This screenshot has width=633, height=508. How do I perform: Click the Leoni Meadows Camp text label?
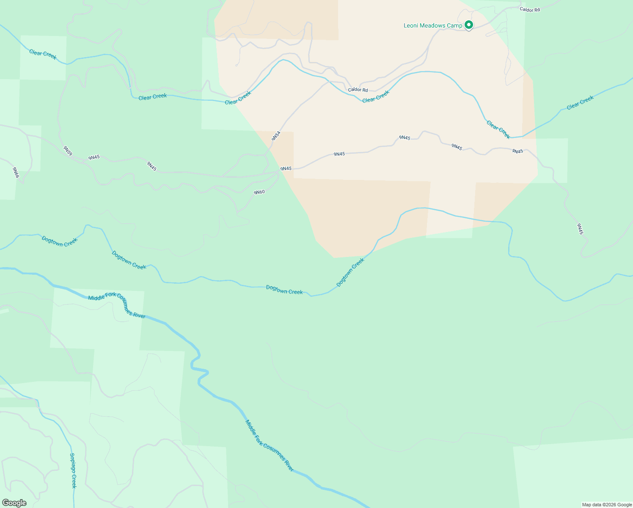(x=432, y=26)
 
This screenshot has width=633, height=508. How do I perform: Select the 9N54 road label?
(x=276, y=136)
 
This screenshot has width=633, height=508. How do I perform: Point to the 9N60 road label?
(x=259, y=192)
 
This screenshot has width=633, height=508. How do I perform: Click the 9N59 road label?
(x=68, y=151)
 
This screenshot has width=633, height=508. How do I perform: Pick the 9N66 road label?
(x=16, y=172)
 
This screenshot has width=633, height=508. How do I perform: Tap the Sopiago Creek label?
(x=73, y=470)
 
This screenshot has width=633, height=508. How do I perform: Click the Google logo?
(x=14, y=503)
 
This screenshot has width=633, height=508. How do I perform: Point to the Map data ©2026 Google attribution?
(x=607, y=505)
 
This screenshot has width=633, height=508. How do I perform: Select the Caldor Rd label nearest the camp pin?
(x=530, y=10)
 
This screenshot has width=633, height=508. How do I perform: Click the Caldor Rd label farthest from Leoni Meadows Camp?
(x=358, y=90)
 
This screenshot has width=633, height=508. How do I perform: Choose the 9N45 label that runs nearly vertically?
(x=580, y=229)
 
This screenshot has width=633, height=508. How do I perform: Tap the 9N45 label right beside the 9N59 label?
(x=94, y=157)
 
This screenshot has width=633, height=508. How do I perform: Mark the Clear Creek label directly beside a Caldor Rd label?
(x=376, y=97)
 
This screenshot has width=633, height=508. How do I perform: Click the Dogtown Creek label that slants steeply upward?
(x=350, y=273)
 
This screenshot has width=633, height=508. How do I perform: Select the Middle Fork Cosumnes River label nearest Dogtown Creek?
(x=117, y=306)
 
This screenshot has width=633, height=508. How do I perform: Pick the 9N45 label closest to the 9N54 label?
(x=286, y=168)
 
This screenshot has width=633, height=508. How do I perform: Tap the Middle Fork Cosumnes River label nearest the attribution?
(x=270, y=446)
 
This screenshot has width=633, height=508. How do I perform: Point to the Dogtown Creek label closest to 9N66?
(x=60, y=242)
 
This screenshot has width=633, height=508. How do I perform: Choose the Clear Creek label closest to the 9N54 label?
(x=238, y=98)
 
